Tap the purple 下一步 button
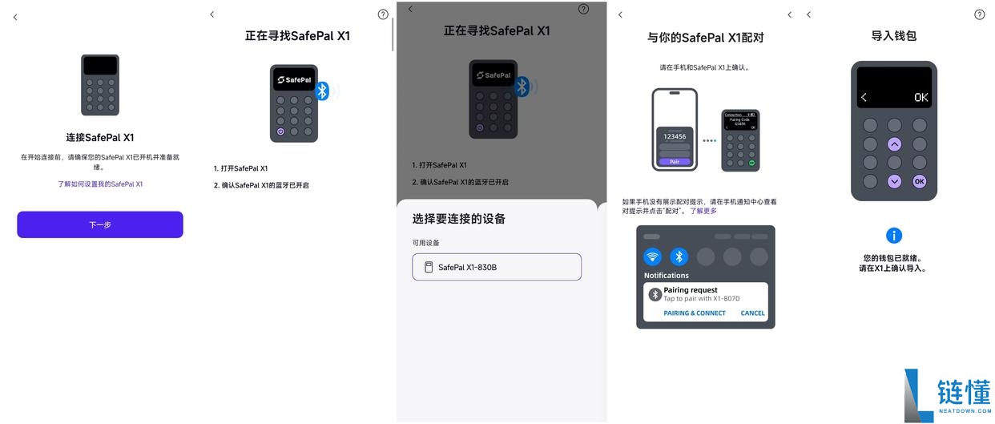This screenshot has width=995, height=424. coord(100,224)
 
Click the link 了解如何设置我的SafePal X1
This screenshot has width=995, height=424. coord(100,184)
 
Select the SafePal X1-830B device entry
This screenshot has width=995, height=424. coord(497,267)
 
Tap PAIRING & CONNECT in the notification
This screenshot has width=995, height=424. coord(695,313)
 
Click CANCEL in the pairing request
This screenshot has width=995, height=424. coord(752,313)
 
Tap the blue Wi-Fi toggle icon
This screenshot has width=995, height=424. coord(653,256)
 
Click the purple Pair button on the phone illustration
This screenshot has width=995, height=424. coord(674,161)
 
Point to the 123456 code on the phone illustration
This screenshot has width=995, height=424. coord(674,137)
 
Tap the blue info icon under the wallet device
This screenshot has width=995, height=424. coord(894,236)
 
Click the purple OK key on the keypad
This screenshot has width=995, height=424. coord(919,181)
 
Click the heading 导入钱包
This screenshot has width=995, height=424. coord(893,36)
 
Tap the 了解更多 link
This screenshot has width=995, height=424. coord(703,211)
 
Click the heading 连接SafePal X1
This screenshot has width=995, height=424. coord(100,137)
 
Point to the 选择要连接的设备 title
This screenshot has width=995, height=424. coord(459,219)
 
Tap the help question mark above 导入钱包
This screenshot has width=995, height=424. coord(979,14)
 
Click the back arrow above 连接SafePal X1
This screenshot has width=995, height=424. coord(15,18)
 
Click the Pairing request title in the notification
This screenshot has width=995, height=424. coord(691,290)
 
